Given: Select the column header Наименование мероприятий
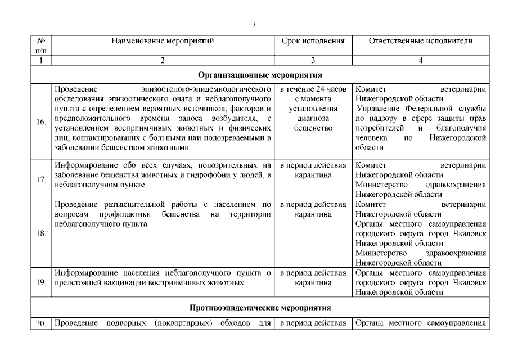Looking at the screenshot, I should tap(163, 41).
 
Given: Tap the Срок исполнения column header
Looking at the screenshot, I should tap(313, 41).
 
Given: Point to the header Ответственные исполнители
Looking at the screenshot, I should tap(421, 41).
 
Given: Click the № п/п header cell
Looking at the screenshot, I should tap(40, 46).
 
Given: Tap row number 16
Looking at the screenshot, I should tap(40, 123).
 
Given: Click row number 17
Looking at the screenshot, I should tap(40, 180).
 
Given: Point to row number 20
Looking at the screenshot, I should tap(40, 323).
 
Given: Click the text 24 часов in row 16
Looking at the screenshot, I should tap(327, 89).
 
